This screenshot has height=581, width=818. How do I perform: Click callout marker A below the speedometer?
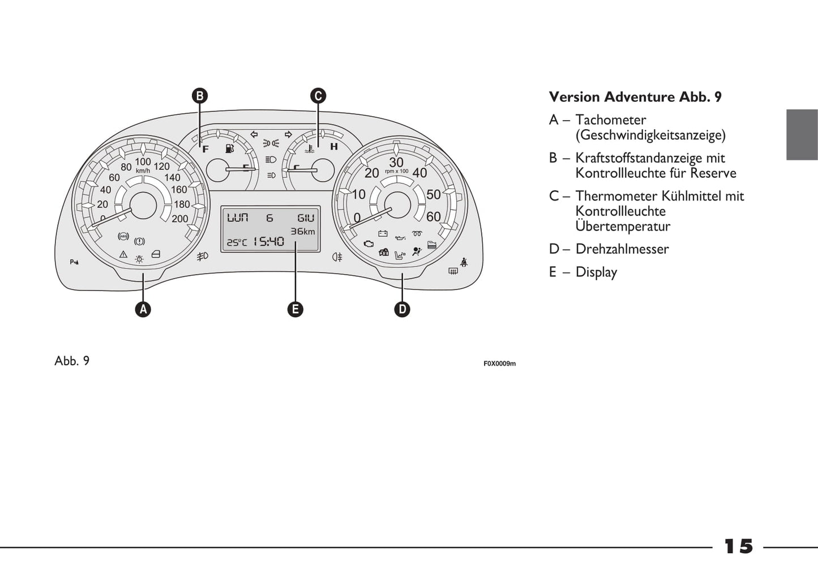click(x=143, y=309)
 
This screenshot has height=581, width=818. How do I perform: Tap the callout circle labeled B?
click(x=199, y=96)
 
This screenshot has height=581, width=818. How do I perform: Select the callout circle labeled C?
click(x=318, y=96)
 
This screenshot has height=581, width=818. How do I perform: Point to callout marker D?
click(x=402, y=309)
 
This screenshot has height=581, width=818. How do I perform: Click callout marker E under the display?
click(x=295, y=309)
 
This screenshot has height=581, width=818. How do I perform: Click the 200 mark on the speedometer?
click(x=180, y=219)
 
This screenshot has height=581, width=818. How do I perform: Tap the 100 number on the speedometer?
click(x=143, y=162)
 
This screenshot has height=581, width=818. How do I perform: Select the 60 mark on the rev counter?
click(x=433, y=216)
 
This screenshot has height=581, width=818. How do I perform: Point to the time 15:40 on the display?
click(x=268, y=242)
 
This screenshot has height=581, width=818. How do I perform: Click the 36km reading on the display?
click(x=303, y=231)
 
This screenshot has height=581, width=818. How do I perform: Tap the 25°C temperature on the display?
click(x=237, y=242)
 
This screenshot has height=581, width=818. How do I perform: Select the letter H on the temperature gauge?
click(x=334, y=147)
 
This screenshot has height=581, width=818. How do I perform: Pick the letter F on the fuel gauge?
click(x=205, y=149)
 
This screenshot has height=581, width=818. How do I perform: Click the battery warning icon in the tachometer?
click(x=383, y=233)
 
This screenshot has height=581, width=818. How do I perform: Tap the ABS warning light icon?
click(x=123, y=236)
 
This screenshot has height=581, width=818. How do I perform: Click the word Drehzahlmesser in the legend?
click(x=622, y=249)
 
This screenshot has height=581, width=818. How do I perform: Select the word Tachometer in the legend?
click(x=610, y=120)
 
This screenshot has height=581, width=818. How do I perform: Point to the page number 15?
click(x=739, y=546)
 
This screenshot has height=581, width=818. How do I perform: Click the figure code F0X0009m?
click(x=499, y=364)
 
